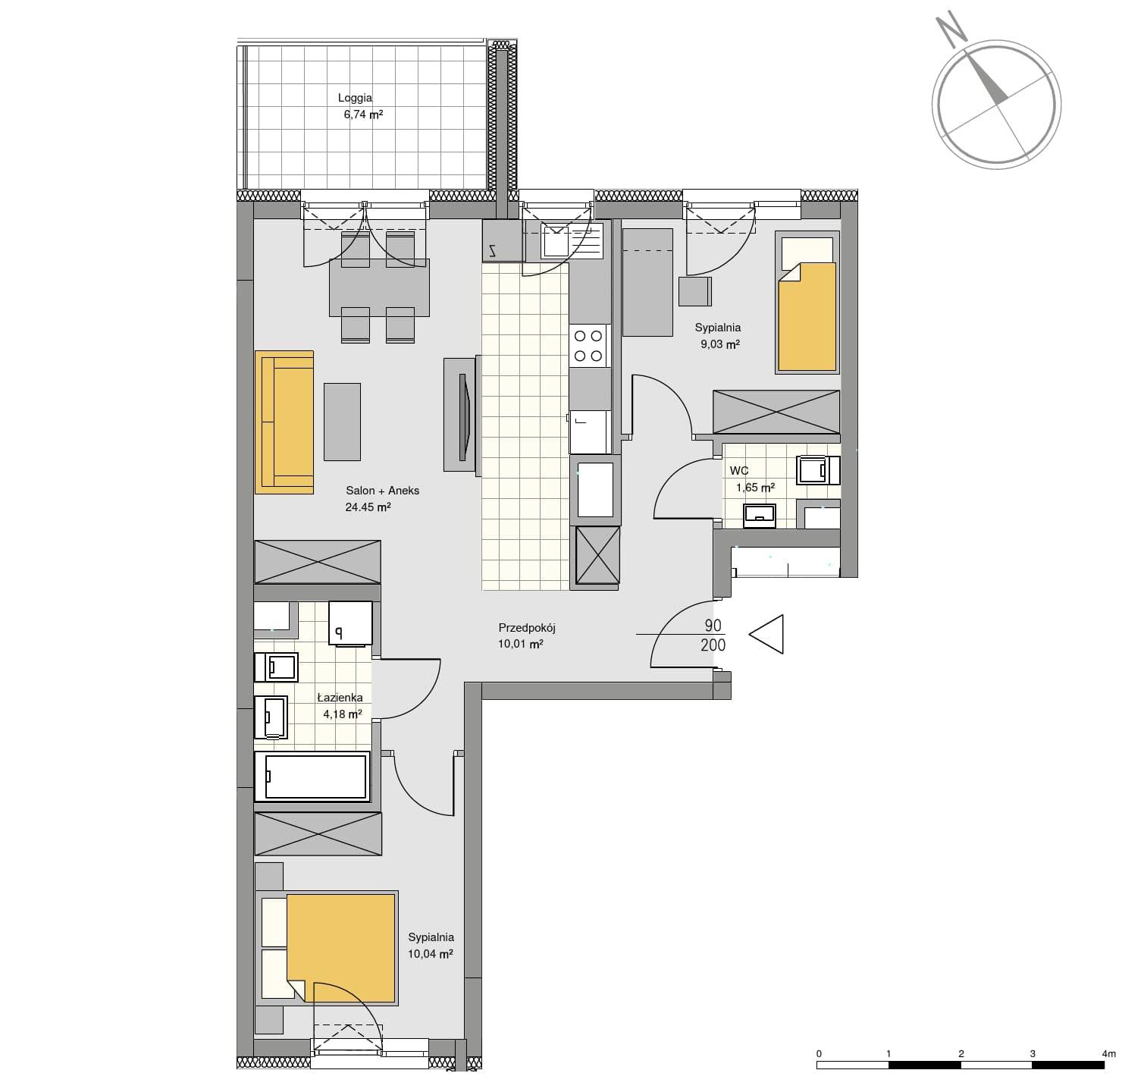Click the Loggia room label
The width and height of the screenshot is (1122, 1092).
[355, 98]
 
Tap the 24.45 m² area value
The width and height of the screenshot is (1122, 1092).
[368, 507]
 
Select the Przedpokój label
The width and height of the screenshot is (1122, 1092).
[526, 628]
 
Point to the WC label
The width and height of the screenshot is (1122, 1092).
[738, 471]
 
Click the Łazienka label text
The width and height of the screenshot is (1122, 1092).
[340, 698]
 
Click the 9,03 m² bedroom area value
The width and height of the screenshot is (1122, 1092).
[720, 344]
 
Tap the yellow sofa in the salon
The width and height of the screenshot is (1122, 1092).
[284, 422]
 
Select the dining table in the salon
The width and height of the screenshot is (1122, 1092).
[379, 288]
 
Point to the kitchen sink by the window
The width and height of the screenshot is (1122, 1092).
[572, 241]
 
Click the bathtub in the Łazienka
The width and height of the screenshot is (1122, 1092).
[312, 777]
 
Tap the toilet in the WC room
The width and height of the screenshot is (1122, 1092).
[818, 469]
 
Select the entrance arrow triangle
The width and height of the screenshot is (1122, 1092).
[766, 634]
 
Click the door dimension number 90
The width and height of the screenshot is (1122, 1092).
[713, 625]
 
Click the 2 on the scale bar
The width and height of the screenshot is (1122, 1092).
[961, 1053]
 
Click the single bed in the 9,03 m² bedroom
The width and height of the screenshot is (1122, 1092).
[807, 303]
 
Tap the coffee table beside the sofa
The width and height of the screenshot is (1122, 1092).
[342, 422]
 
